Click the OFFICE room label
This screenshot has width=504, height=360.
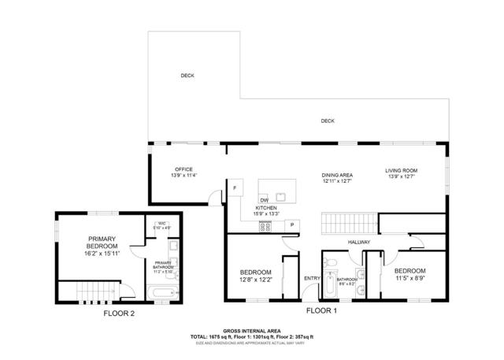point(184,169)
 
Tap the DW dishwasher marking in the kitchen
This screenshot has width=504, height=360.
point(265,200)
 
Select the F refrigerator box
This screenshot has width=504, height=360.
point(234,188)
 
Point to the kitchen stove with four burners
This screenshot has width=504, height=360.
point(267,227)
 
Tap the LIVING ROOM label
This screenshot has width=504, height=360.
point(401,171)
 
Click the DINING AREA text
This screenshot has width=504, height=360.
point(336,175)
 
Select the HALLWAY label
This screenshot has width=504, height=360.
point(361,242)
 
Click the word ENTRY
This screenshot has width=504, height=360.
point(312,277)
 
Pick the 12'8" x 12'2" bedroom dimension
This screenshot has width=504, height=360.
point(256,280)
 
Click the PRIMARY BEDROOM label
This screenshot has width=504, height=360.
point(102,243)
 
